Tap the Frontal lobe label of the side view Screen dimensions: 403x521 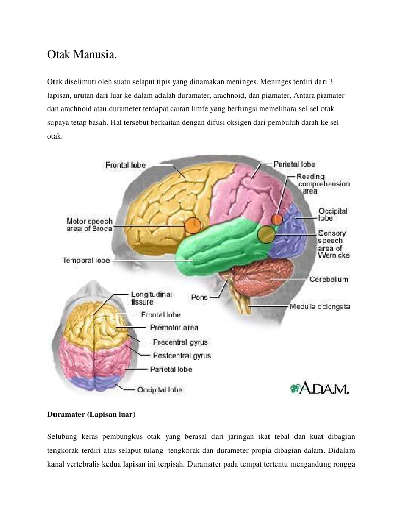[x=125, y=165]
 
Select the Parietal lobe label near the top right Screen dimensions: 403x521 [x=294, y=164]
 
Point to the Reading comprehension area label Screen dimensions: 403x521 [x=324, y=183]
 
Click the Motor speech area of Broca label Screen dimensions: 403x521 [x=89, y=225]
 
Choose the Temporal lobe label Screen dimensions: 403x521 [x=86, y=260]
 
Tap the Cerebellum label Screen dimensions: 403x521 [x=329, y=279]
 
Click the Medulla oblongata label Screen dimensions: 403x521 [x=319, y=307]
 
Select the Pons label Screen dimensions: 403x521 [x=199, y=297]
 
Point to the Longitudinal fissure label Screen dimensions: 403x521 [x=151, y=298]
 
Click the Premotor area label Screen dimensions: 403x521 [x=174, y=327]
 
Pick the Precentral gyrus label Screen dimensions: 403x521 [x=180, y=342]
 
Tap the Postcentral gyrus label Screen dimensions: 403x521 [x=182, y=355]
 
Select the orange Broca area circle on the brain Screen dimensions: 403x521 [x=193, y=225]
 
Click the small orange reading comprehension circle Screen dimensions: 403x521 [x=277, y=219]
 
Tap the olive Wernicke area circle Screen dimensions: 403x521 [x=265, y=234]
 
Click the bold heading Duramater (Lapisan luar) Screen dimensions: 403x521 [x=91, y=415]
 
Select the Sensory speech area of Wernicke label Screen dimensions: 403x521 [x=333, y=244]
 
